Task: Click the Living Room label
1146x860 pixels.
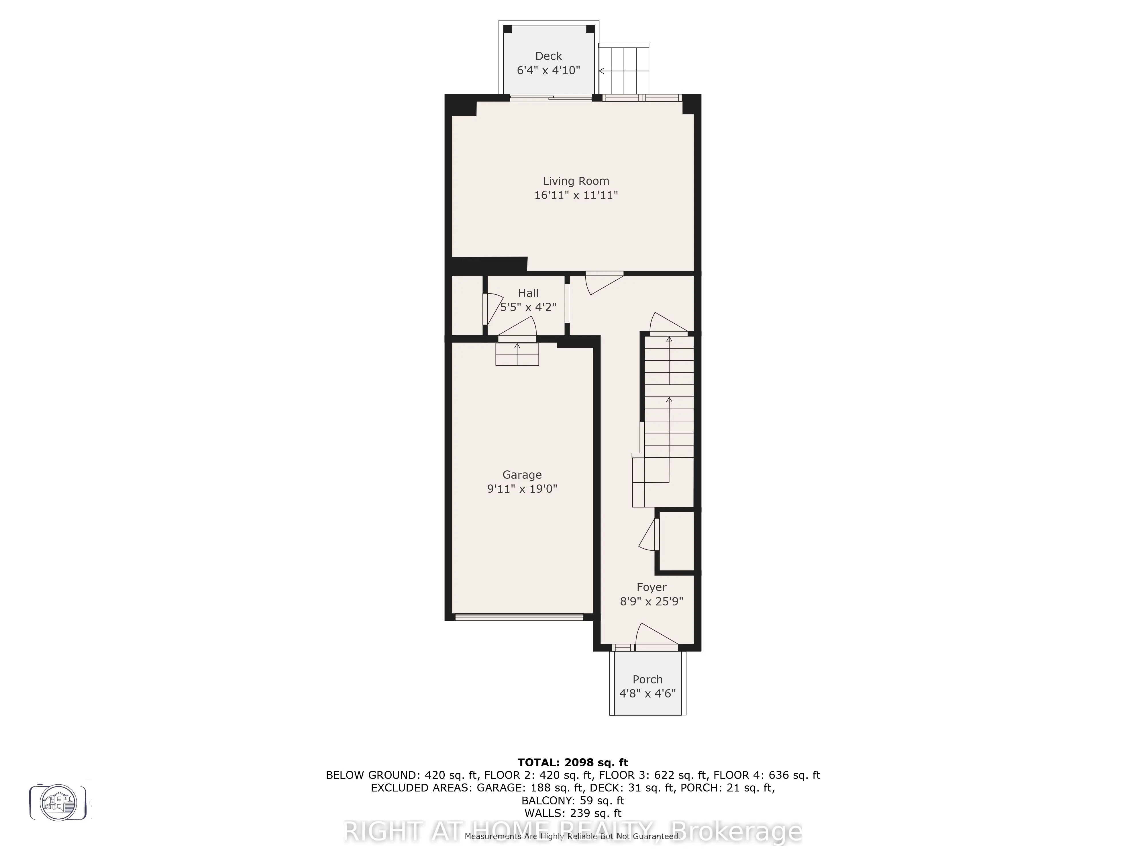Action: coord(576,181)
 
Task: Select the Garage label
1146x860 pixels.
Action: coord(522,475)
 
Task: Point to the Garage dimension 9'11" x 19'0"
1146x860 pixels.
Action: coord(522,489)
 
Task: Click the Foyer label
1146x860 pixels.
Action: coord(651,587)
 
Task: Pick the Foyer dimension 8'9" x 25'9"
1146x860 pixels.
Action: coord(651,601)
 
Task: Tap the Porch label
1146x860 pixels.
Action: coord(647,680)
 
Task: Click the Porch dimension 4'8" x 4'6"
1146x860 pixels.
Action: coord(647,694)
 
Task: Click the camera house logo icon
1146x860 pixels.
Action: coord(58,802)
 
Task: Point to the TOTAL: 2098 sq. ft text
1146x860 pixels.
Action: coord(572,763)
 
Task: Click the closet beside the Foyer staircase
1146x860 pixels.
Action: coord(676,542)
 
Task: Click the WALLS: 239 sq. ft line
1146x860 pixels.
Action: coord(572,813)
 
